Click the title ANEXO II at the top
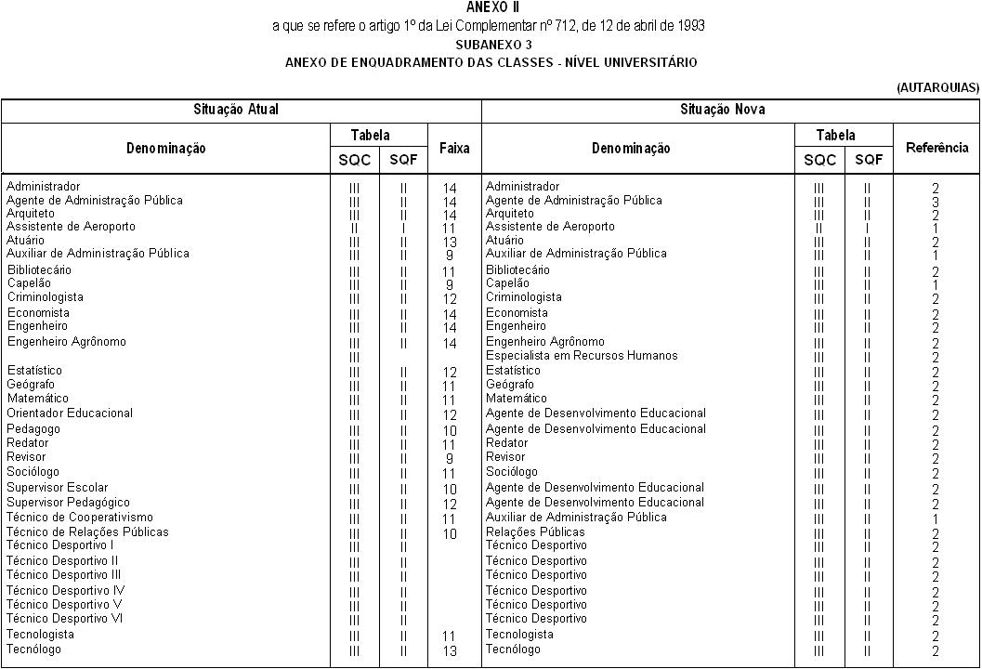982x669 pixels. pos(492,7)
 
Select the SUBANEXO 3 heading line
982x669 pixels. pos(492,45)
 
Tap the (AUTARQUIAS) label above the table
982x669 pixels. pos(937,87)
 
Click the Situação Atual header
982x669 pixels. pos(236,110)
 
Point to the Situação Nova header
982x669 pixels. pos(730,110)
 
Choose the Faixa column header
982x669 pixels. pos(453,148)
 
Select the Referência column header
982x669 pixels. pos(936,148)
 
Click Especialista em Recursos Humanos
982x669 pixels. pos(582,356)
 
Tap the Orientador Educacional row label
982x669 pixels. pos(70,413)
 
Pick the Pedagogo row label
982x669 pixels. pos(33,429)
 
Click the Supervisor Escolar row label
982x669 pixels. pos(57,488)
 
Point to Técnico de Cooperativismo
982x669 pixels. pos(80,518)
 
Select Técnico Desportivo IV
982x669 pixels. pos(66,591)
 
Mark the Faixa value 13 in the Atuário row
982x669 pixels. pos(450,242)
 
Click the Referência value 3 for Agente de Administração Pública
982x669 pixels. pos(936,202)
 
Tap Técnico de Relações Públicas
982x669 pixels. pos(87,532)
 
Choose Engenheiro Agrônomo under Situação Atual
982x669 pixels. pos(66,342)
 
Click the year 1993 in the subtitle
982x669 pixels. pos(689,26)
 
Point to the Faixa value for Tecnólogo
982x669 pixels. pos(450,651)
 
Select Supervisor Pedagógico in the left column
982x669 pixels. pos(68,503)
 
